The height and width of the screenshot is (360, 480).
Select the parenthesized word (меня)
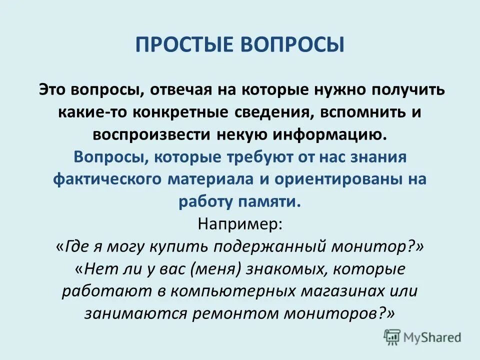point(216,269)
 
